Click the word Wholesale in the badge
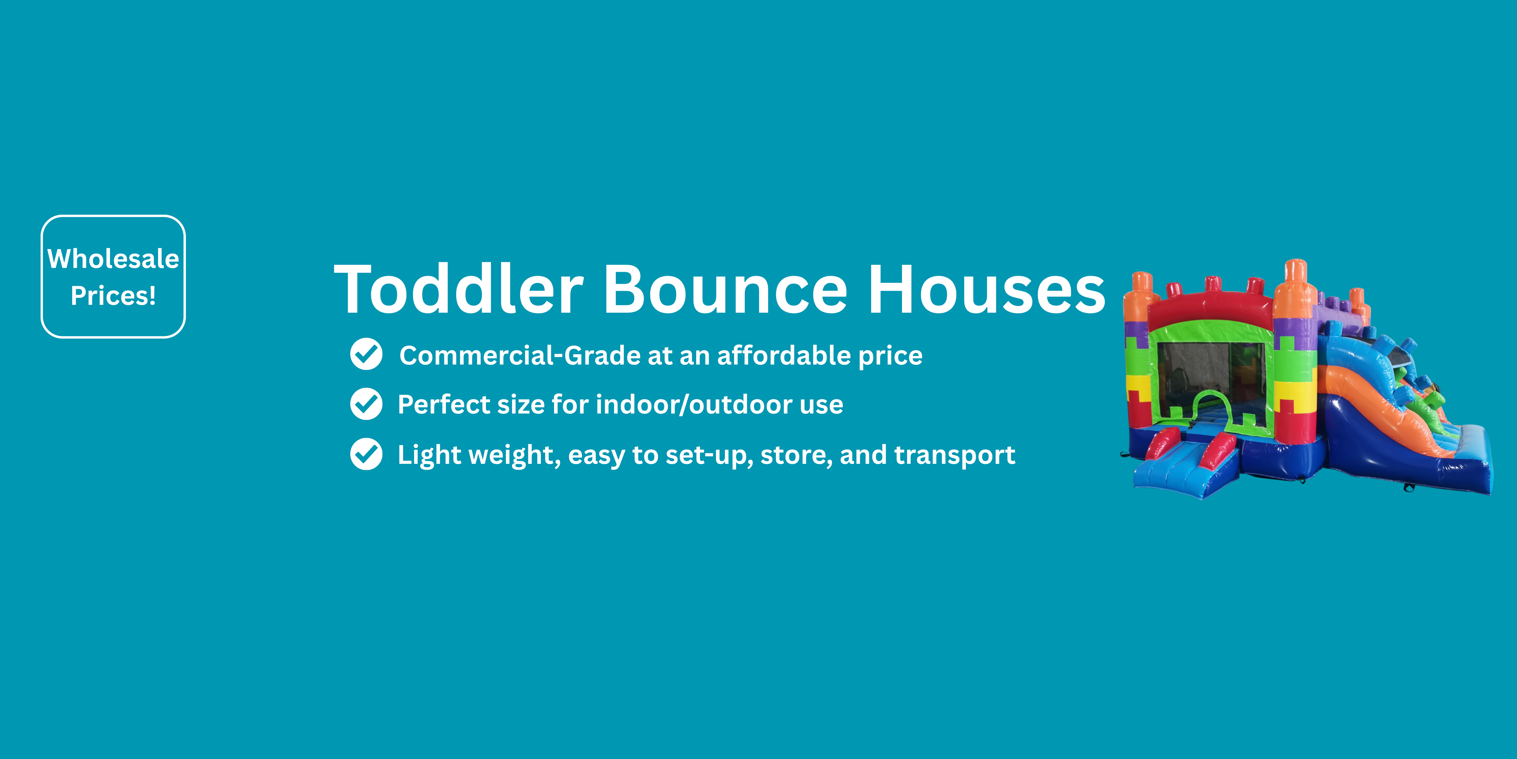tap(113, 259)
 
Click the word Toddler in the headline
tap(459, 289)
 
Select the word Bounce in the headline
tap(726, 289)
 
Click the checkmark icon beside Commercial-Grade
tap(366, 354)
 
